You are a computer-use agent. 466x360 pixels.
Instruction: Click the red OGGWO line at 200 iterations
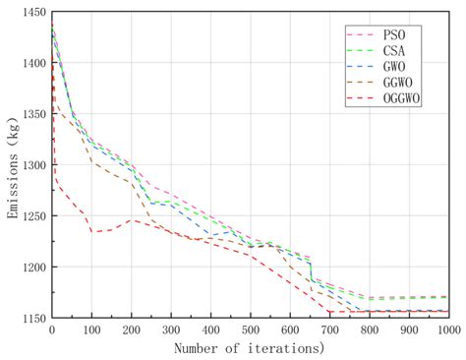(131, 220)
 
